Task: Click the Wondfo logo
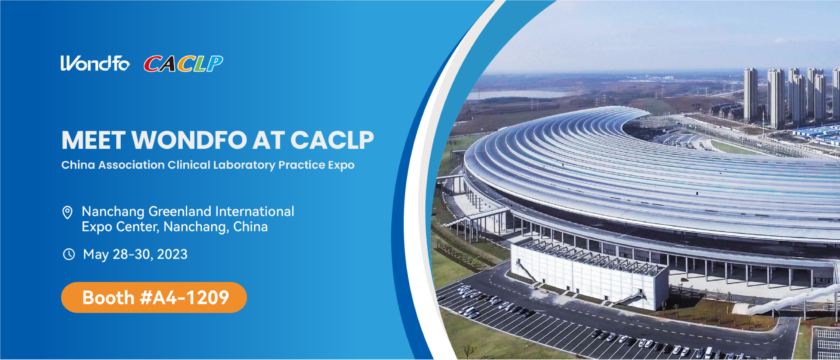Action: [x=95, y=63]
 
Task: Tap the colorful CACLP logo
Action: [x=183, y=64]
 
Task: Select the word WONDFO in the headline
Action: [x=189, y=140]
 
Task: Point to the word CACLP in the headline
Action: [x=332, y=140]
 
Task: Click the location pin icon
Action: [x=67, y=213]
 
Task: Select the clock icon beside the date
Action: [x=69, y=254]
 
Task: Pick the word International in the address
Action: [x=254, y=211]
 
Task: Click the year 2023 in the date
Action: [x=172, y=254]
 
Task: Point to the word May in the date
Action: [x=96, y=255]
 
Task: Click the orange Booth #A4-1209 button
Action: [x=154, y=297]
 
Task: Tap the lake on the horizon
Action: [x=518, y=94]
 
